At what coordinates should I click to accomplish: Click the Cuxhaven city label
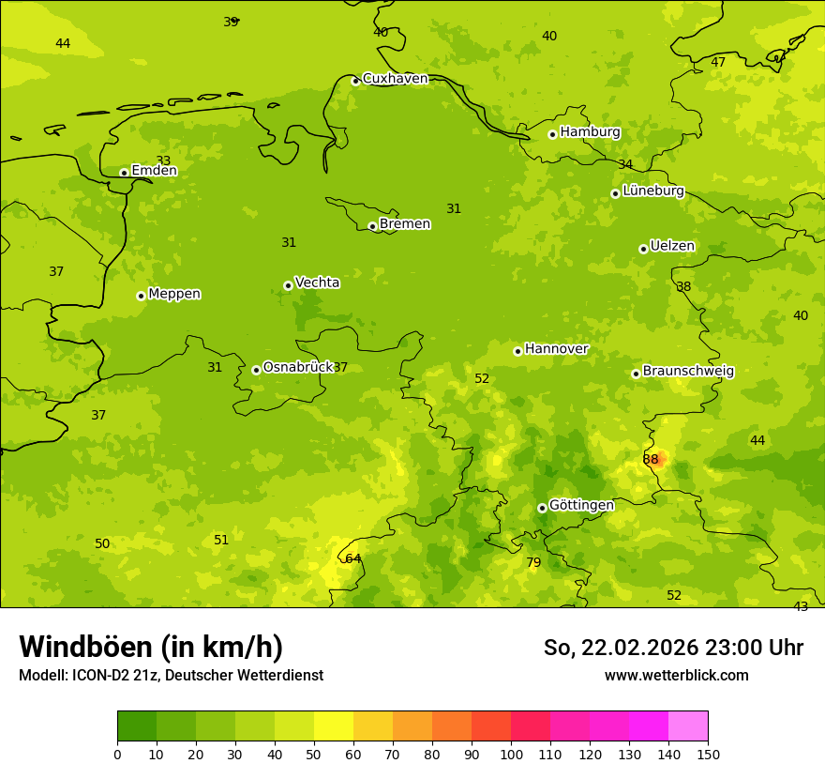(x=395, y=79)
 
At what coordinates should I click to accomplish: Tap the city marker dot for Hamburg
(x=553, y=134)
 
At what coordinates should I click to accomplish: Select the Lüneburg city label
(x=652, y=191)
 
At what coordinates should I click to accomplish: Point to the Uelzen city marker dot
(x=643, y=249)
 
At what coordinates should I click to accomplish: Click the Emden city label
(x=154, y=171)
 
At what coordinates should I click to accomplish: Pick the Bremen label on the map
(x=404, y=224)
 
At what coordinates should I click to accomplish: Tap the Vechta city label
(x=317, y=283)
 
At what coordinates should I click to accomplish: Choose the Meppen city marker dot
(x=142, y=296)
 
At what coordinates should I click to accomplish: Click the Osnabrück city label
(x=298, y=367)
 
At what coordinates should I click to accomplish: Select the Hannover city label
(x=556, y=349)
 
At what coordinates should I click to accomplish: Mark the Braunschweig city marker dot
(x=636, y=374)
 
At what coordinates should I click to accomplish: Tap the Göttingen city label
(x=581, y=505)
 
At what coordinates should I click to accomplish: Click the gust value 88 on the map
(x=651, y=459)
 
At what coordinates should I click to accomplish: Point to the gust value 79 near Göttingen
(x=533, y=563)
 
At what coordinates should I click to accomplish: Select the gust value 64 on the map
(x=352, y=558)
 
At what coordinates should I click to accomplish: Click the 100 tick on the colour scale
(x=511, y=754)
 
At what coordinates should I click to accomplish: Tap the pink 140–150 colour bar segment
(x=688, y=726)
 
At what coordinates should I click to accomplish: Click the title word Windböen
(x=84, y=648)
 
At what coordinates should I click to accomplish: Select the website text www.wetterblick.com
(x=676, y=676)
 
